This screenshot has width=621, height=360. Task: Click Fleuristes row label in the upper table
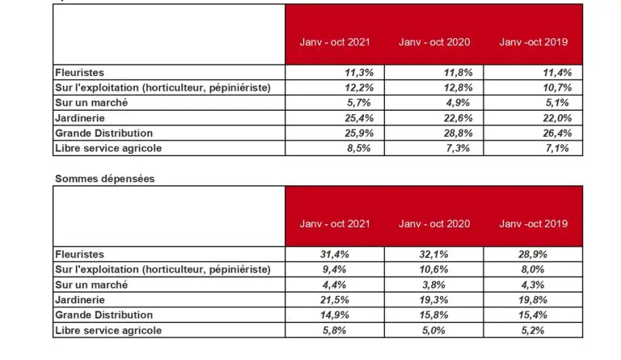pos(80,72)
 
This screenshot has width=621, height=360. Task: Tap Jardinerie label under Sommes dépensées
pos(80,300)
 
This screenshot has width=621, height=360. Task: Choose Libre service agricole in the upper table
pos(108,147)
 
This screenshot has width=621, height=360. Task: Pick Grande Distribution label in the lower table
pos(103,316)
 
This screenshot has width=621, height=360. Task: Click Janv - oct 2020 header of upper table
pos(435,42)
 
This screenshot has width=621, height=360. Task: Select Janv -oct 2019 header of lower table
pos(534,223)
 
